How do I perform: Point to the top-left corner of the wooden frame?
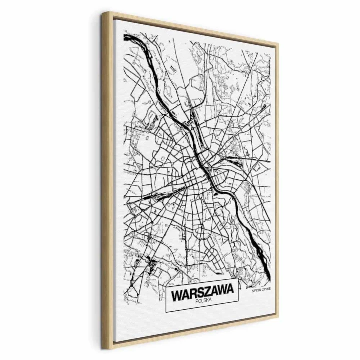tap(104, 13)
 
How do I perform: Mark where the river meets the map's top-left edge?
tap(125, 37)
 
